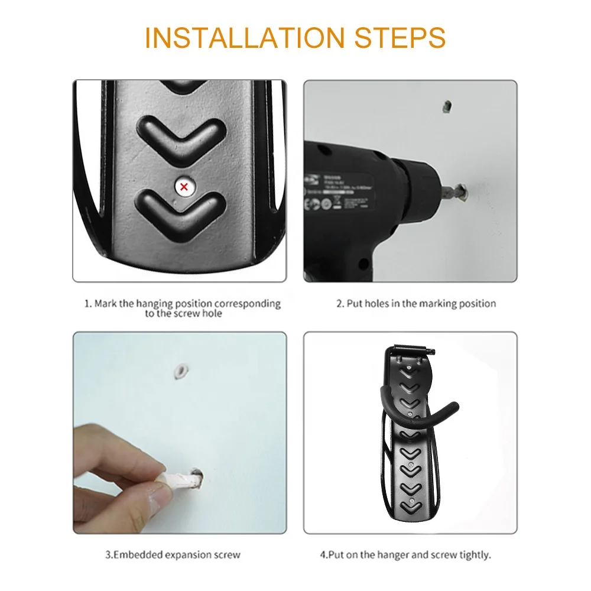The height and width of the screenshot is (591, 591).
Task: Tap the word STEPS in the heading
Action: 400,37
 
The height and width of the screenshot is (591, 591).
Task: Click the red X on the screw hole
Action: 184,187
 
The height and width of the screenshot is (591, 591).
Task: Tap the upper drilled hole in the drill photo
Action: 446,107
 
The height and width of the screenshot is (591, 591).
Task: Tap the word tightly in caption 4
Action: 476,555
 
